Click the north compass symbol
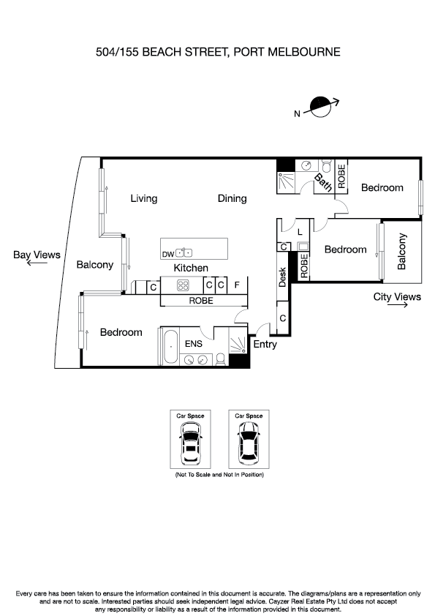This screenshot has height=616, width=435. tap(321, 107)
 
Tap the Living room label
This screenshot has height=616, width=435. tap(144, 198)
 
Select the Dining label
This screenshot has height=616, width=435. tap(232, 198)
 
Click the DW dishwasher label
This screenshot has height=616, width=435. tap(167, 254)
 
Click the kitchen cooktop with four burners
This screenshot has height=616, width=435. tap(183, 285)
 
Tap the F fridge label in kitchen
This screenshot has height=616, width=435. tap(237, 285)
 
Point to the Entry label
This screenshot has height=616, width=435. tap(265, 344)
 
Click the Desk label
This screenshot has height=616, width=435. tap(283, 277)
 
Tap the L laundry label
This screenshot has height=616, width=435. tap(300, 232)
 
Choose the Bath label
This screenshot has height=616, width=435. tap(323, 182)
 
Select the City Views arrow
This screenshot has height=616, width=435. tap(398, 307)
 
